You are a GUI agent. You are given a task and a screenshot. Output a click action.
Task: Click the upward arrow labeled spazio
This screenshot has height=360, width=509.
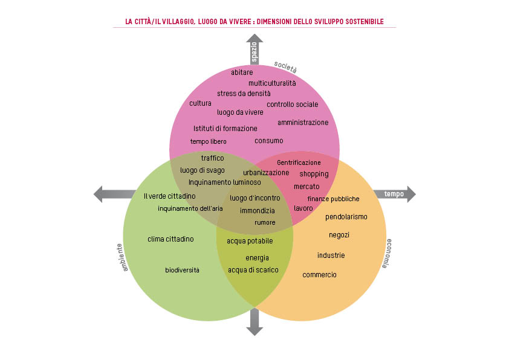click(x=254, y=50)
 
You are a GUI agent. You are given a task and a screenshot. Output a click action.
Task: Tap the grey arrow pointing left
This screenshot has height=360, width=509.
click(x=114, y=194)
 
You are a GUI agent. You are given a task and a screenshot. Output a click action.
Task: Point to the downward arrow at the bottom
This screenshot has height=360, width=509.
click(x=254, y=321)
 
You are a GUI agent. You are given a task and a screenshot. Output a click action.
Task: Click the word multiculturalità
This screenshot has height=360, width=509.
click(x=272, y=83)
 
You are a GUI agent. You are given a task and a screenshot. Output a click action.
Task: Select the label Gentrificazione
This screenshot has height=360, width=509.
click(x=299, y=162)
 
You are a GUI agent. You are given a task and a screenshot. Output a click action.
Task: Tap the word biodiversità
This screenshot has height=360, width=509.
click(x=182, y=269)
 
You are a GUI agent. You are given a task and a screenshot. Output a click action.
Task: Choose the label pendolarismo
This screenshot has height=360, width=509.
click(x=346, y=217)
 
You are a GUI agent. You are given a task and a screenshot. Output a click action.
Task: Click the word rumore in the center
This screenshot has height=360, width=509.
click(x=265, y=222)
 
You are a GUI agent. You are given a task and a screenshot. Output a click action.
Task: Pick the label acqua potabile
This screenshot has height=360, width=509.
click(x=250, y=241)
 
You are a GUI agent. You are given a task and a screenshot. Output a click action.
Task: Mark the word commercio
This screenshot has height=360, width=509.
click(x=319, y=275)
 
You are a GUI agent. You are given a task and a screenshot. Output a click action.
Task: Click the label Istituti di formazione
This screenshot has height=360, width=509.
click(x=225, y=128)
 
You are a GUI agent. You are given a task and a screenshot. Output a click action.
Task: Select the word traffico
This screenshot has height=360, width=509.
click(x=212, y=158)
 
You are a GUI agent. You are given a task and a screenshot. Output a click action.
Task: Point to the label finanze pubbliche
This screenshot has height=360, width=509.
click(x=333, y=199)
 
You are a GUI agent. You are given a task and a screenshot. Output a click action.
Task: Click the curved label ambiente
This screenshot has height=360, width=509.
click(x=120, y=257)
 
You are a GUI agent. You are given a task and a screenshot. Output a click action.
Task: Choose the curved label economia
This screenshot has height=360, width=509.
click(x=389, y=253)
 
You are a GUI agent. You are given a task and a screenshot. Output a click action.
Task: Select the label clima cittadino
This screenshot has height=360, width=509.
click(x=170, y=239)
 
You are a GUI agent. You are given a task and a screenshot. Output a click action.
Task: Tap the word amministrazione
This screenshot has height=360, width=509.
click(x=303, y=123)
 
